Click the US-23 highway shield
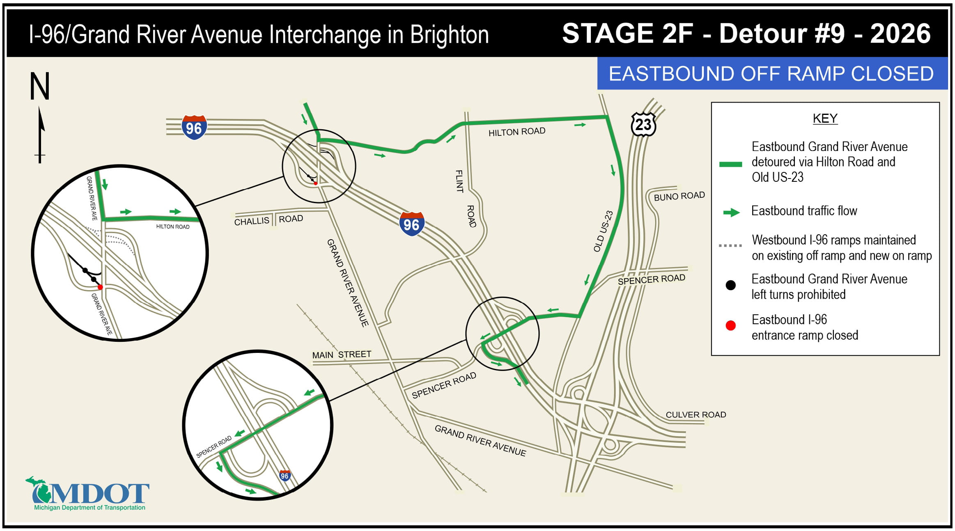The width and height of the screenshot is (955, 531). (x=643, y=124)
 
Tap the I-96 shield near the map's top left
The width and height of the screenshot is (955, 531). (x=194, y=128)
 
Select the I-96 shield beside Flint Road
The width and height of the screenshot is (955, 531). (x=411, y=224)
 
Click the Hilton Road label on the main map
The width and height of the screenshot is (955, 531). (x=517, y=132)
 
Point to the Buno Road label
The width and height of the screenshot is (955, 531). (x=679, y=196)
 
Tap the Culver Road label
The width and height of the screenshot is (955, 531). (x=696, y=415)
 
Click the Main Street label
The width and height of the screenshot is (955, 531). (x=341, y=355)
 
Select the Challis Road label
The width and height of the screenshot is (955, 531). (x=269, y=220)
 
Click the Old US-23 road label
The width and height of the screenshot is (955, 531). (x=603, y=231)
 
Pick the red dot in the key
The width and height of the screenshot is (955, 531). (x=730, y=326)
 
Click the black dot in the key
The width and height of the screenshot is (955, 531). (x=730, y=286)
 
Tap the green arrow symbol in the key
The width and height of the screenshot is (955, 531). (x=731, y=213)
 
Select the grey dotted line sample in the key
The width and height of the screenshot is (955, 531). (x=730, y=246)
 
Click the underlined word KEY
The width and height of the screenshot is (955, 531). (x=825, y=119)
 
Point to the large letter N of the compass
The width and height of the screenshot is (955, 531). (x=40, y=86)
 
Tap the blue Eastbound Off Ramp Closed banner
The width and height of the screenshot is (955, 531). (x=771, y=74)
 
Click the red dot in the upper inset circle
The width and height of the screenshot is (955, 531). (x=100, y=287)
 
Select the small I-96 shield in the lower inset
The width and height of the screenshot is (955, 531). (x=285, y=476)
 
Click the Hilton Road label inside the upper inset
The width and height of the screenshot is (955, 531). (x=172, y=227)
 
